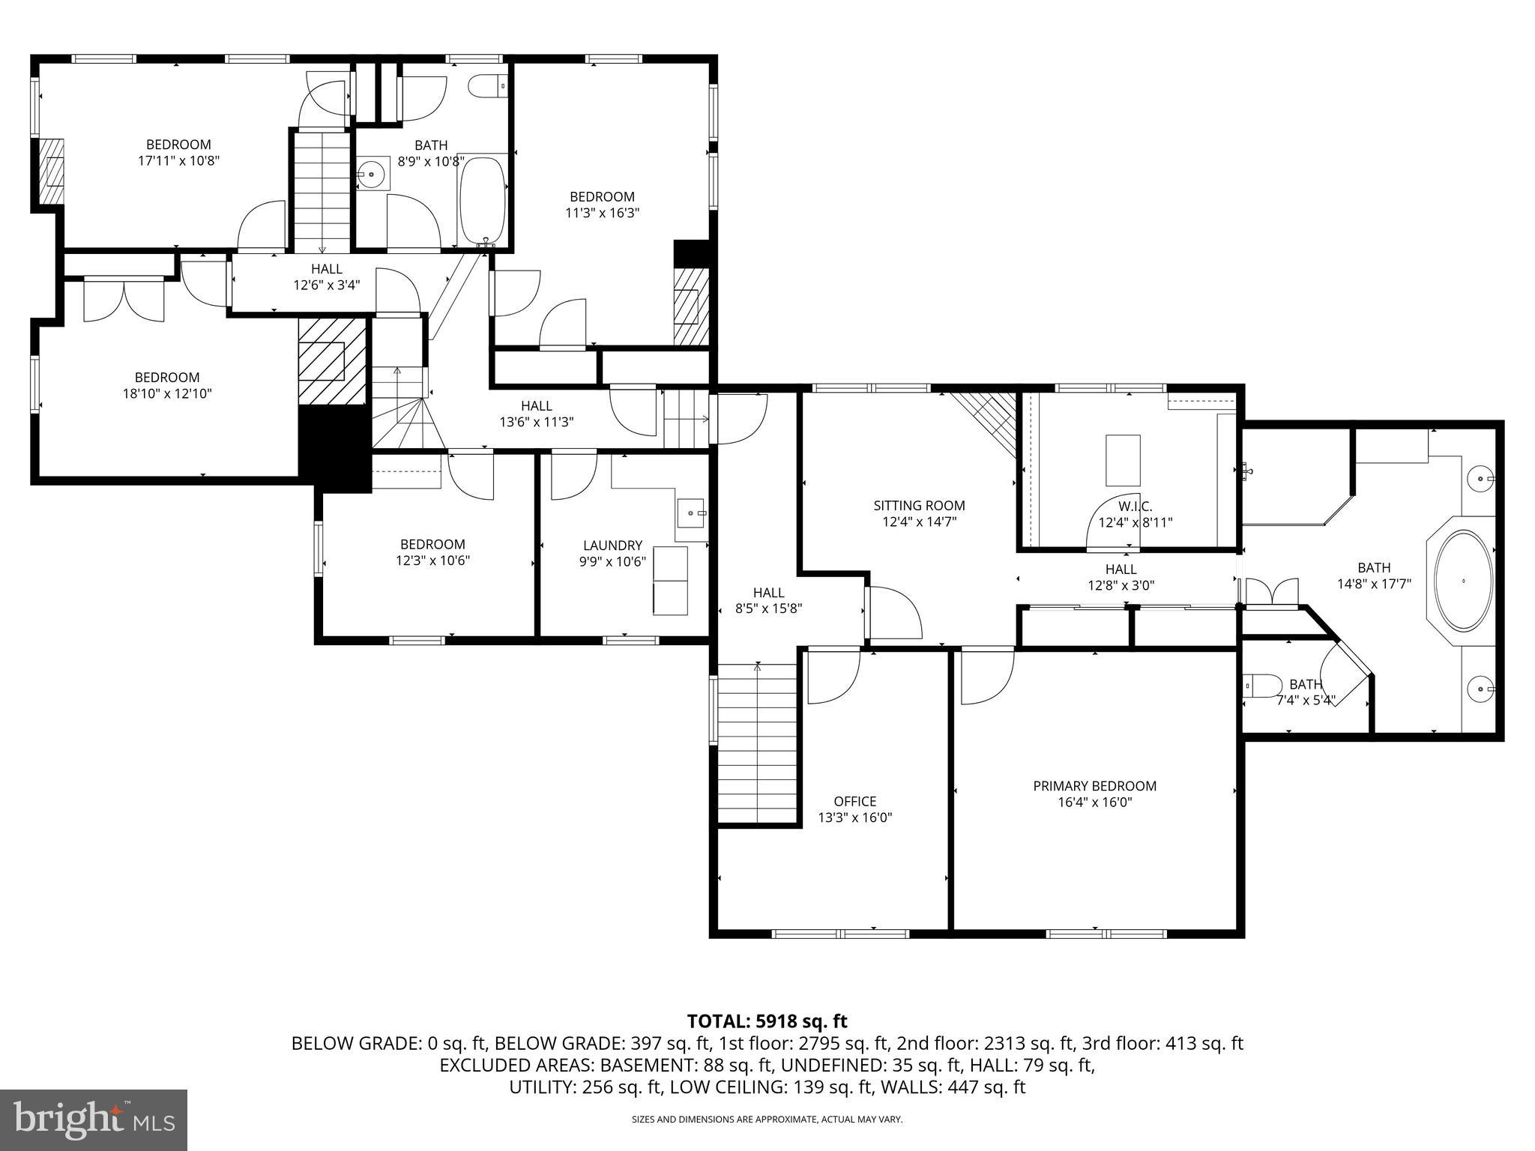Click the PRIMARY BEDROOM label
1094,786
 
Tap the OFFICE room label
854,801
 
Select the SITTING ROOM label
919,506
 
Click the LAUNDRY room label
612,546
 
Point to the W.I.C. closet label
1135,507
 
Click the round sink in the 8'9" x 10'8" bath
371,174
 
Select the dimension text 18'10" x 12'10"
167,393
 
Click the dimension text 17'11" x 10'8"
178,160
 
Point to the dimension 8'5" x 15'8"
768,609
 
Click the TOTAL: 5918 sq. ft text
767,1021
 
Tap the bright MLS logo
94,1120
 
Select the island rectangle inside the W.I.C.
1123,460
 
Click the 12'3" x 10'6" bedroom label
432,552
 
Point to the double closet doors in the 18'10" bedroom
124,300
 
